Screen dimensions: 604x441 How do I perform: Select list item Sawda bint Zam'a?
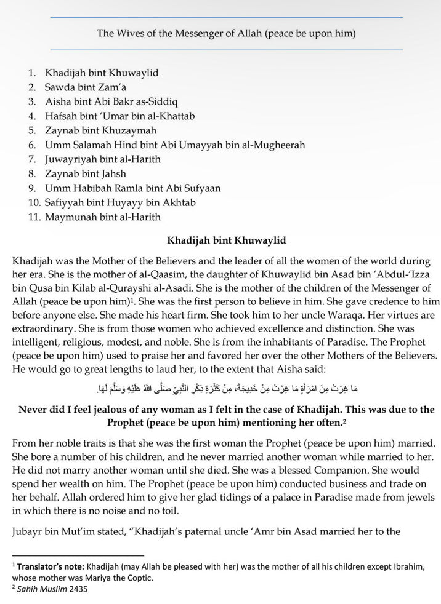click(x=85, y=87)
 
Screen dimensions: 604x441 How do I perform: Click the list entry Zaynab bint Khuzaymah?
click(x=100, y=130)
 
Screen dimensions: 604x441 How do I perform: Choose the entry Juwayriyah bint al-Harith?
click(x=102, y=159)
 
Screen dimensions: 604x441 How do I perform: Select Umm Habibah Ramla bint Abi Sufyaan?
click(x=132, y=188)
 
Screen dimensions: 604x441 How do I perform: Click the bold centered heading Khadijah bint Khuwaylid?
click(x=226, y=240)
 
